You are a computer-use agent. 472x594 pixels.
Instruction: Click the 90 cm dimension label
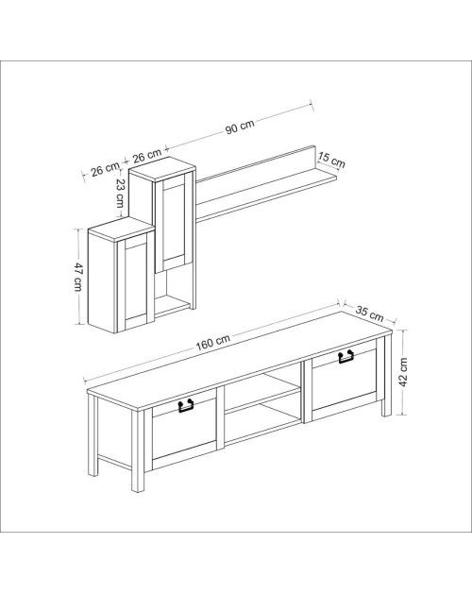pos(240,127)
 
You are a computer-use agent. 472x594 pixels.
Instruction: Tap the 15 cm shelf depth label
pos(331,160)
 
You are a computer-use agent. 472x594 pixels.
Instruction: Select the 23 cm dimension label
pos(121,193)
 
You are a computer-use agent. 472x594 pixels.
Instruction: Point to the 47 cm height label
pos(78,277)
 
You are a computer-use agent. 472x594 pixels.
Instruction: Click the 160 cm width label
pos(213,342)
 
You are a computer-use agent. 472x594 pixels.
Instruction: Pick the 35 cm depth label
pos(369,314)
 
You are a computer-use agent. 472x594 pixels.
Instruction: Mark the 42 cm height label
pos(403,372)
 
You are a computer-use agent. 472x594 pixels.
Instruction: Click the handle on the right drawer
pos(346,357)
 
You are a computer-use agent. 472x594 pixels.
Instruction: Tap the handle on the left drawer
pos(186,405)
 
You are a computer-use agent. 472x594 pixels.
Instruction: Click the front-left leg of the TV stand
pos(138,451)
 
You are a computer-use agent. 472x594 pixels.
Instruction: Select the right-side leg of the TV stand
pos(387,376)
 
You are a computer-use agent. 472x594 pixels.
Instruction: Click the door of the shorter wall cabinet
pos(136,281)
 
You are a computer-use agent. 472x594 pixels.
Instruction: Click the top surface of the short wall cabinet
pos(122,229)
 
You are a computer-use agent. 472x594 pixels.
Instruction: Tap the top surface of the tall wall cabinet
pos(162,168)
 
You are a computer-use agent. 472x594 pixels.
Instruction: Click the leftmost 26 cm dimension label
pos(104,169)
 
